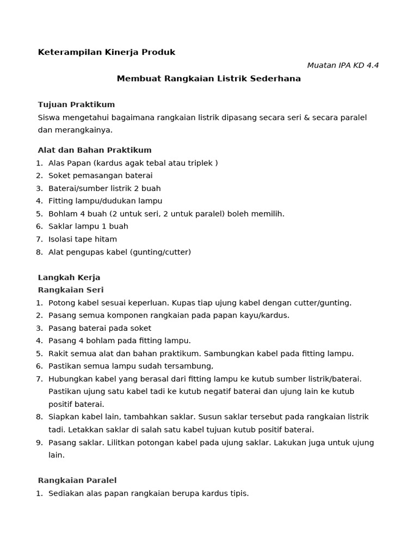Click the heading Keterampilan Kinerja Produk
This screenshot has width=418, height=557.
click(x=107, y=52)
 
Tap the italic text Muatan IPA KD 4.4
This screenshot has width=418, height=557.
click(x=343, y=65)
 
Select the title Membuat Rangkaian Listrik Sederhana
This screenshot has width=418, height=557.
click(x=208, y=78)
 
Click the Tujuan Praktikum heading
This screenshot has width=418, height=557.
click(x=76, y=104)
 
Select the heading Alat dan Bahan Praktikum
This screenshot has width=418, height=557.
click(x=95, y=150)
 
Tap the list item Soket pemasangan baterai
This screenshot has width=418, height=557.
click(x=100, y=176)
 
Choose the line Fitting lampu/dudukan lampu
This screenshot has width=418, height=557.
click(x=105, y=201)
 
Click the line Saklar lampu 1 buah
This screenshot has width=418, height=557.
click(x=88, y=226)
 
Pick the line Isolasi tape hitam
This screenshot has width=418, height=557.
click(x=82, y=239)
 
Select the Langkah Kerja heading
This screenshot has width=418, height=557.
click(x=69, y=277)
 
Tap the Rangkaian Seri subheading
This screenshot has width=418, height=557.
click(x=71, y=290)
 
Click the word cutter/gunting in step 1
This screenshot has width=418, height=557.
click(x=324, y=302)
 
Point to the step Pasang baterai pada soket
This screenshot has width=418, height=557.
click(x=100, y=328)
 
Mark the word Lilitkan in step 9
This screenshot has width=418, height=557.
click(x=123, y=442)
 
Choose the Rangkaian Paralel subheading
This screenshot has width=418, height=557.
click(x=77, y=480)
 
